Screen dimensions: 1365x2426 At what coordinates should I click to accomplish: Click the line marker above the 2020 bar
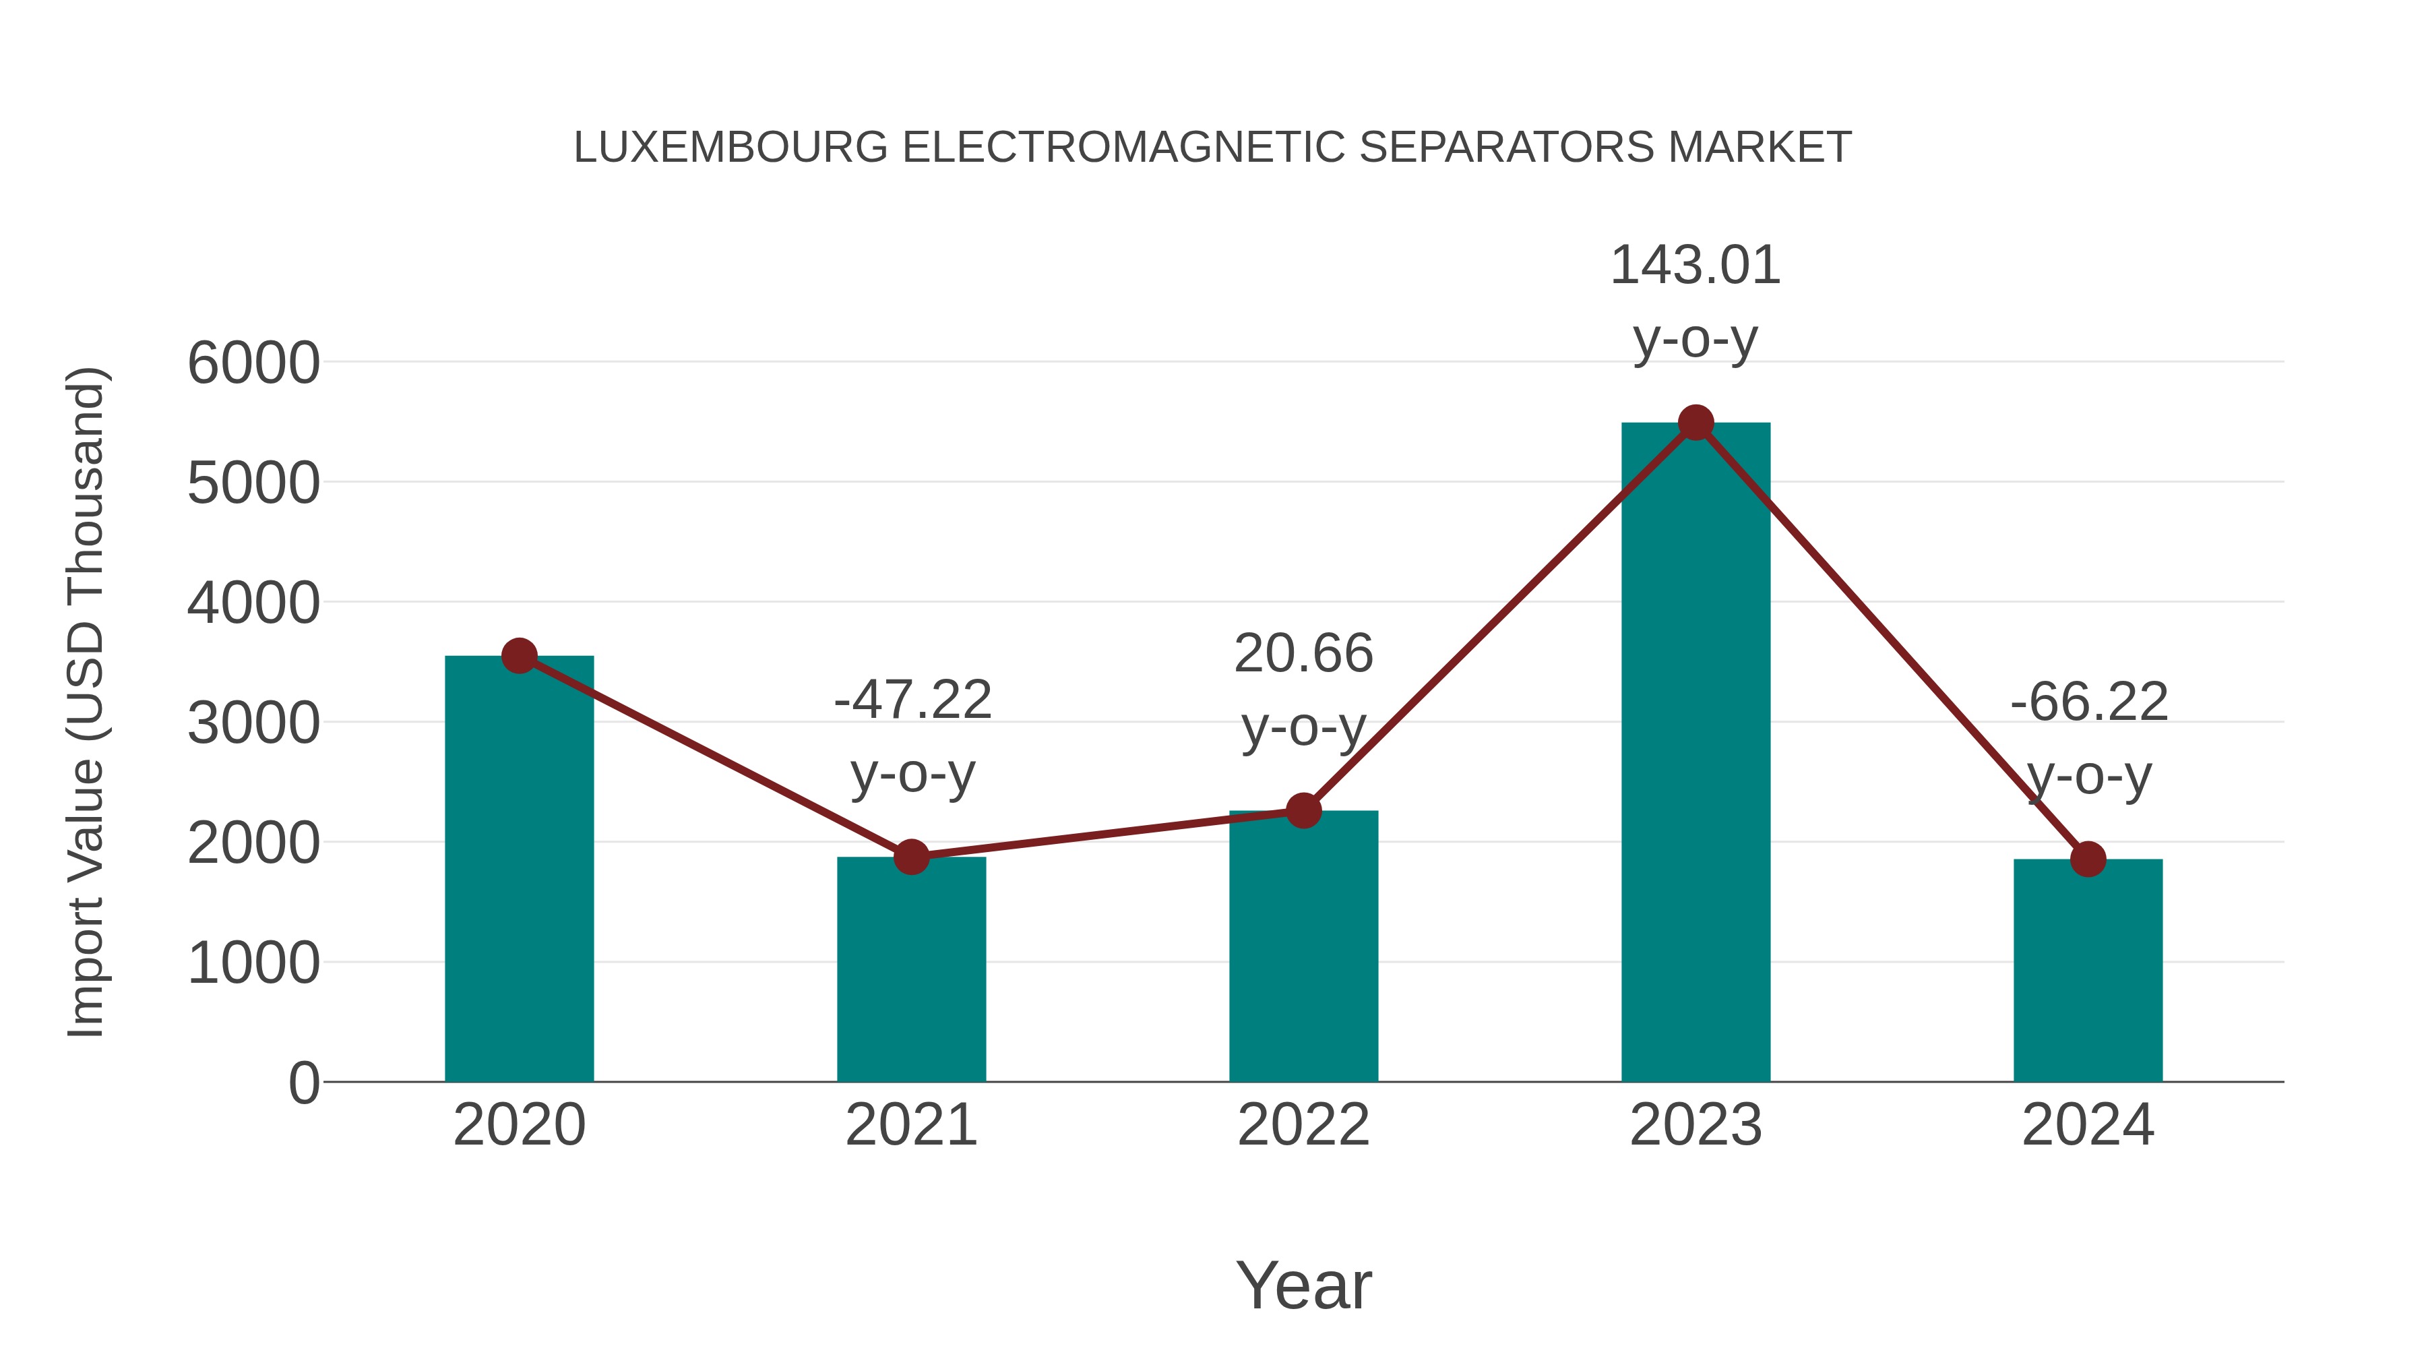click(x=519, y=656)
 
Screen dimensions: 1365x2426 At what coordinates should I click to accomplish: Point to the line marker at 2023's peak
click(x=1696, y=423)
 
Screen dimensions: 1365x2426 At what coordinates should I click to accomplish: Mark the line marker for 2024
click(x=2088, y=859)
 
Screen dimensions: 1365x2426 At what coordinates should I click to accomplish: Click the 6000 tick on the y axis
click(x=253, y=363)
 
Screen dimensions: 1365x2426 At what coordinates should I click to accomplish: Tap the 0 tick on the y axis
click(x=303, y=1083)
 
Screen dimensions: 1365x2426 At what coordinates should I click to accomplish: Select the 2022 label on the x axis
click(x=1303, y=1125)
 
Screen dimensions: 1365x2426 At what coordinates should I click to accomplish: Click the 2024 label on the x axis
click(x=2088, y=1125)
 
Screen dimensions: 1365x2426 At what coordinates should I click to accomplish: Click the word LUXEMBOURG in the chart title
click(x=730, y=148)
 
